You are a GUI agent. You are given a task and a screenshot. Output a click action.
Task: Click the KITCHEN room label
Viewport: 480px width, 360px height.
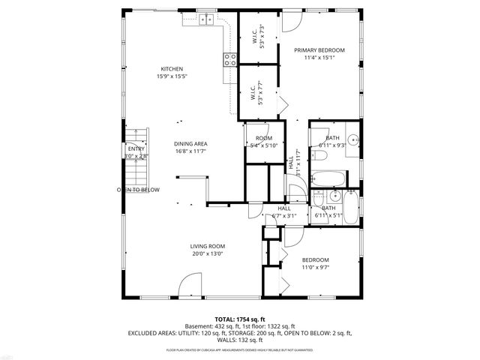tap(171, 68)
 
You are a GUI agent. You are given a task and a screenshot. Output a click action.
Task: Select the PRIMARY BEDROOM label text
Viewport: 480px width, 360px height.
tap(319, 50)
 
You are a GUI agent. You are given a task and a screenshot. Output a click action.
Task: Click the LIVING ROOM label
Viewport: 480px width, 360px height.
tap(207, 246)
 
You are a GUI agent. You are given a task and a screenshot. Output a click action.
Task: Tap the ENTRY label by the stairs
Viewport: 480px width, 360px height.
tap(136, 148)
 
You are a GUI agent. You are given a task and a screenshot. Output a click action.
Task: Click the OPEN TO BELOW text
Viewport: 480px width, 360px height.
tap(138, 190)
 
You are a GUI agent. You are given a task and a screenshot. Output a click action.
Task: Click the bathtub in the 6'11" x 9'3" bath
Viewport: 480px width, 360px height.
tap(328, 179)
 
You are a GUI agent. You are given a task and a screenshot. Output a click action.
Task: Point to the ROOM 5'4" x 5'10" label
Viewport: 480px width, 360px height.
tap(263, 139)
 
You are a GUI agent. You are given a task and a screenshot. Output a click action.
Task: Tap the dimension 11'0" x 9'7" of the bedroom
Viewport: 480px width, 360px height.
tap(315, 268)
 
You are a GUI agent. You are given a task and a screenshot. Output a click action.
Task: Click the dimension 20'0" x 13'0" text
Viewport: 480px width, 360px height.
tap(207, 253)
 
